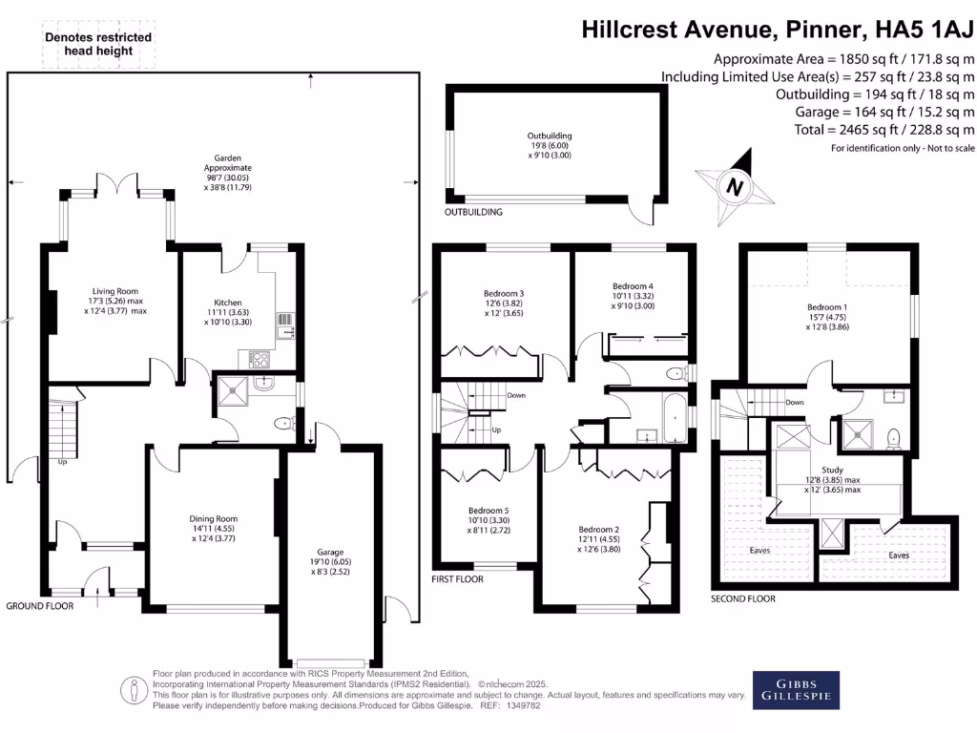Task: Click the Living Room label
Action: click(115, 291)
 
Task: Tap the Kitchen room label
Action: click(228, 303)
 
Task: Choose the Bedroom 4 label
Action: click(633, 285)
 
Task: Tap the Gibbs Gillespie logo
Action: click(796, 689)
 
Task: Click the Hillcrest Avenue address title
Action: click(779, 30)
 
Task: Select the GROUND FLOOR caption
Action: click(39, 606)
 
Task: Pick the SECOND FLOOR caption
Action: click(743, 598)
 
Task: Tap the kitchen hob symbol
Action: click(259, 359)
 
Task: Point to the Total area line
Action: click(884, 130)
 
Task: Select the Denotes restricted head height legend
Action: click(98, 44)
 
